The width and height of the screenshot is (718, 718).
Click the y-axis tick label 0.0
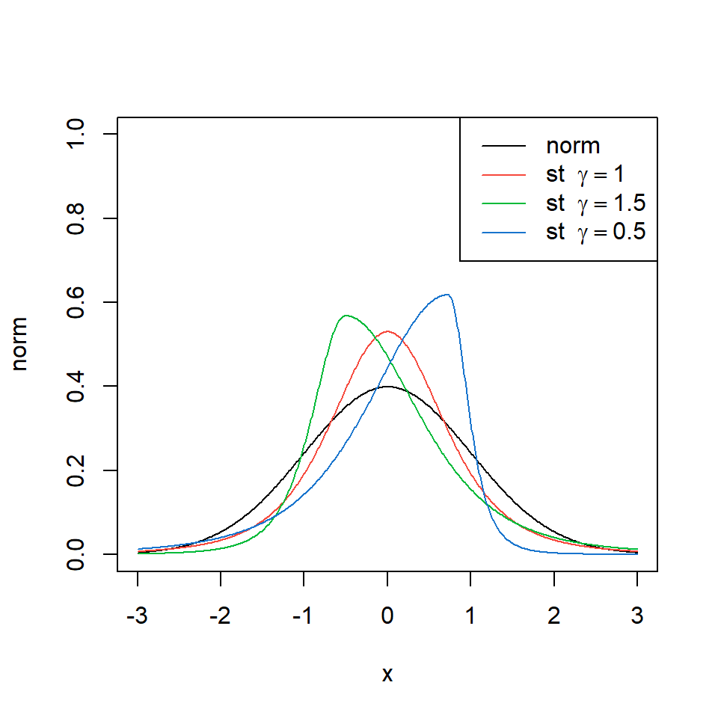click(x=76, y=554)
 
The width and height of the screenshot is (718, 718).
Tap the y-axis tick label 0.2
click(x=76, y=470)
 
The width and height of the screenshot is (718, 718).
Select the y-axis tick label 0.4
click(x=76, y=386)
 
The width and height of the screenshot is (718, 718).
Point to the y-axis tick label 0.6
click(x=76, y=302)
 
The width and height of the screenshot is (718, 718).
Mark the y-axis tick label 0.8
click(x=76, y=218)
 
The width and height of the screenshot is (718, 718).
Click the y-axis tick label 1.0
click(x=76, y=134)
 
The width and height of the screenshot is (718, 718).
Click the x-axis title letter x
click(x=387, y=675)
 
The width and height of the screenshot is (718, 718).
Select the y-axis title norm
click(x=22, y=344)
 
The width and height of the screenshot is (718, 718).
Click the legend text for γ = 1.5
click(x=595, y=203)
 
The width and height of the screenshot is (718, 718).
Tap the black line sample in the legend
click(x=505, y=147)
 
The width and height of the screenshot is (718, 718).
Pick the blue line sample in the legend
click(x=505, y=232)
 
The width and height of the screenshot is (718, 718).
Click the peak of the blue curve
click(x=447, y=294)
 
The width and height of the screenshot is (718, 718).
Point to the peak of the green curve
click(x=346, y=315)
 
